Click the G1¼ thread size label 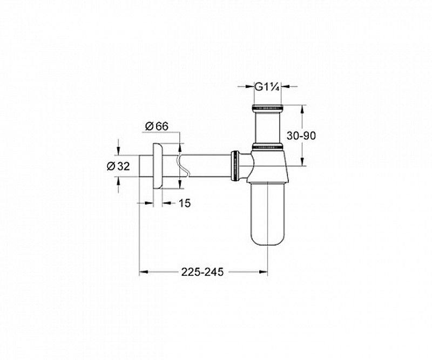click(267, 87)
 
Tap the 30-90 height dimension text click(301, 135)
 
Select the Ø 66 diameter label click(157, 126)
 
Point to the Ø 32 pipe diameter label click(118, 166)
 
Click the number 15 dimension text click(185, 203)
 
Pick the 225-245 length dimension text click(202, 272)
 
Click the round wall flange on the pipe click(158, 166)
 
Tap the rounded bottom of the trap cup click(267, 238)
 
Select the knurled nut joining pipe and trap click(235, 166)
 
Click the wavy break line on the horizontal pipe click(183, 166)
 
